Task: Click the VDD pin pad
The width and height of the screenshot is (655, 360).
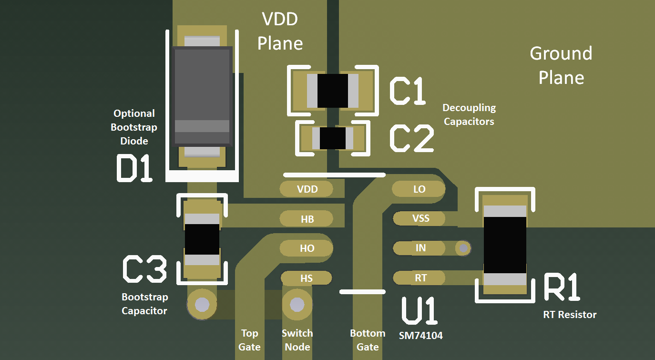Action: pyautogui.click(x=307, y=189)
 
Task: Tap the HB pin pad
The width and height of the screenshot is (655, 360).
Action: pyautogui.click(x=307, y=219)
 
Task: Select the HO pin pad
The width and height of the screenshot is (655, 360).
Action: pyautogui.click(x=307, y=248)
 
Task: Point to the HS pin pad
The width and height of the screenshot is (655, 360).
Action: pyautogui.click(x=307, y=278)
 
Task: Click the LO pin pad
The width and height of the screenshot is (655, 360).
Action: pyautogui.click(x=419, y=189)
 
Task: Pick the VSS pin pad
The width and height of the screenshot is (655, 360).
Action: pyautogui.click(x=420, y=218)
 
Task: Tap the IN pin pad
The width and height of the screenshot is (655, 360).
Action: pyautogui.click(x=420, y=248)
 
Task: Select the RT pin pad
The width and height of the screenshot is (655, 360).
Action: pyautogui.click(x=420, y=278)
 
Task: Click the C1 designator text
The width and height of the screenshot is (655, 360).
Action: pyautogui.click(x=407, y=91)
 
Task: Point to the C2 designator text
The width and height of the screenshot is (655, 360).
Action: pyautogui.click(x=411, y=139)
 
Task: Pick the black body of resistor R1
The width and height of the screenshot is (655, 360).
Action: pyautogui.click(x=505, y=245)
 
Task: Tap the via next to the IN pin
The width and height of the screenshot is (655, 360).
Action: pyautogui.click(x=463, y=248)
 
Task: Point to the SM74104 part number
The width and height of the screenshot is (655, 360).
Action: pyautogui.click(x=420, y=336)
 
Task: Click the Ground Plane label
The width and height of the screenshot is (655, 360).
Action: pyautogui.click(x=561, y=65)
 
